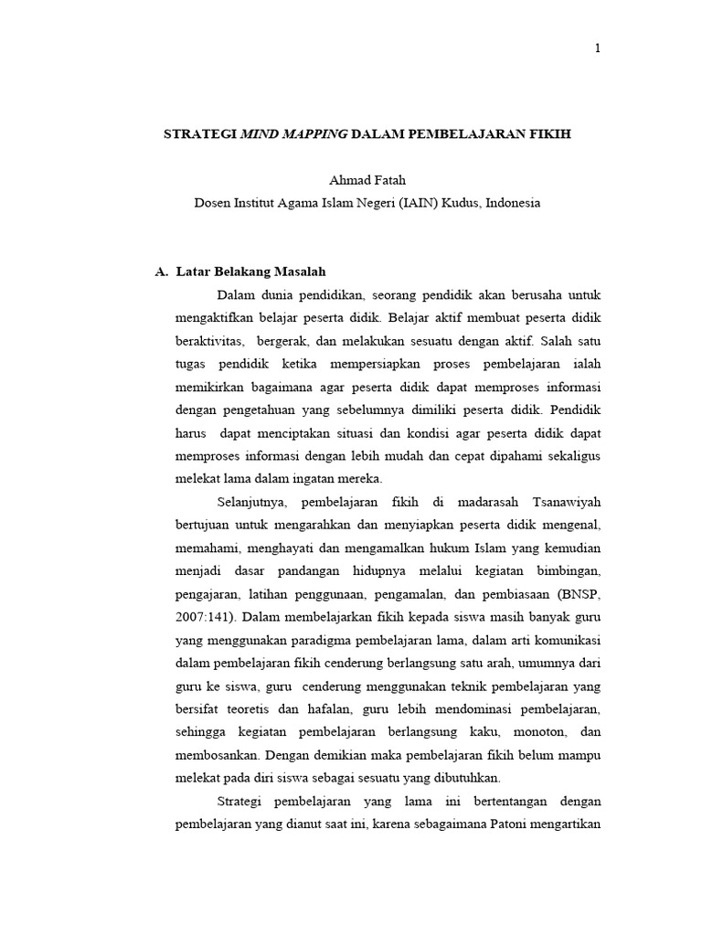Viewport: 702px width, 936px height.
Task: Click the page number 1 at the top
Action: [597, 49]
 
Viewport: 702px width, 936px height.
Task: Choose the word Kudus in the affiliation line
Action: [460, 203]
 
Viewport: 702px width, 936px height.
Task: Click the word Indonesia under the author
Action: [514, 203]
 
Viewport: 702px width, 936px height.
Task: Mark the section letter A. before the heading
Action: [162, 271]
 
